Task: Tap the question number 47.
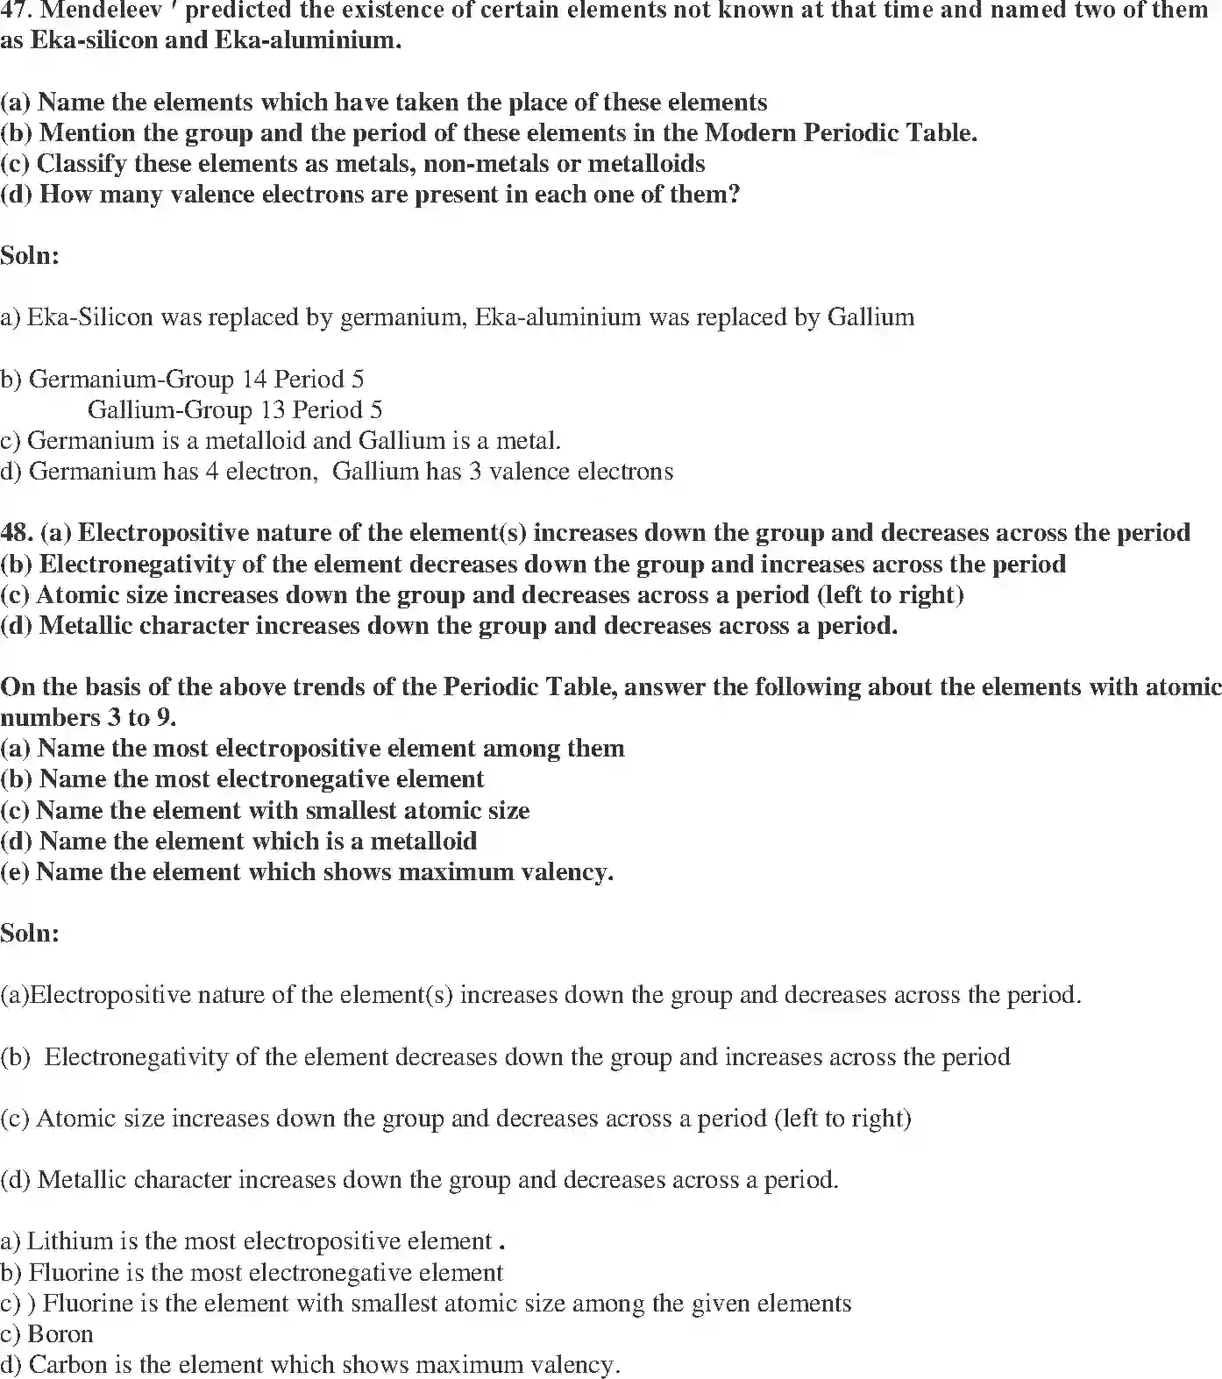click(x=14, y=11)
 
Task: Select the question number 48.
click(x=16, y=533)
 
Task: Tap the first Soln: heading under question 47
click(x=30, y=256)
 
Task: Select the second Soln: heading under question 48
click(x=30, y=933)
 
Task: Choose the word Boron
click(x=60, y=1333)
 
